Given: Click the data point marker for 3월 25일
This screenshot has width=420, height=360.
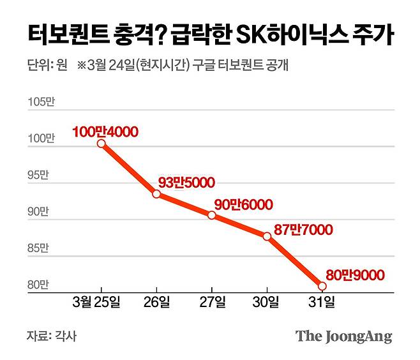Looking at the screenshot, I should pyautogui.click(x=101, y=143).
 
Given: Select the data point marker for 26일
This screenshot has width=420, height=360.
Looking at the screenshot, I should pyautogui.click(x=156, y=193).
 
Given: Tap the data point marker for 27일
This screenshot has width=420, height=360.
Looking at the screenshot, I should pyautogui.click(x=212, y=215).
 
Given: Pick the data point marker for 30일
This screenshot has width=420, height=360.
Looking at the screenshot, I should pyautogui.click(x=267, y=236).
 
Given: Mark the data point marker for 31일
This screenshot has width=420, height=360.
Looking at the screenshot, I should pyautogui.click(x=322, y=286).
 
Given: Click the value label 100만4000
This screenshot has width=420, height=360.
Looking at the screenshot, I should pyautogui.click(x=105, y=131).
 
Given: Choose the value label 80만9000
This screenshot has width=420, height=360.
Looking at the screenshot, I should pyautogui.click(x=355, y=275).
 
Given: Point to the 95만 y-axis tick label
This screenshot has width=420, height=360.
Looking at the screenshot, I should pyautogui.click(x=38, y=176).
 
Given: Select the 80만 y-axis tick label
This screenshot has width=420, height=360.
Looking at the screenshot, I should pyautogui.click(x=38, y=285).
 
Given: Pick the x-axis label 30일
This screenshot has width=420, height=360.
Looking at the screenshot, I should pyautogui.click(x=267, y=301).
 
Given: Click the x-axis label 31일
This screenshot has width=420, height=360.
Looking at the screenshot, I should pyautogui.click(x=322, y=301).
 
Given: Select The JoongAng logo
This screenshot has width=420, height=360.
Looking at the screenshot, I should pyautogui.click(x=343, y=336).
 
